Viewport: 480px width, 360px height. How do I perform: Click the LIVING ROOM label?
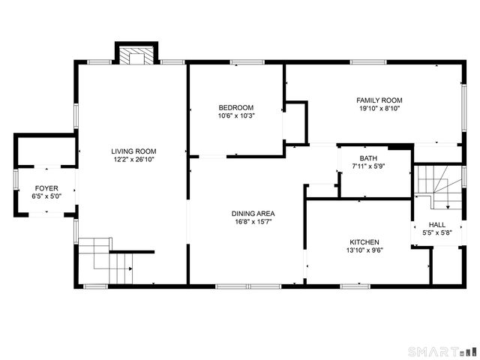[133, 151]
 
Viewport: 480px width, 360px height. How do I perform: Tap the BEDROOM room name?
[235, 107]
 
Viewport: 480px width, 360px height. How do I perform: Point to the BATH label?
[367, 158]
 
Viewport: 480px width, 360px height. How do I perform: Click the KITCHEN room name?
[364, 242]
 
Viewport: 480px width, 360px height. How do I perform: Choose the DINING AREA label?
[247, 213]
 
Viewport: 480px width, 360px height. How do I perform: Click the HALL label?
[436, 224]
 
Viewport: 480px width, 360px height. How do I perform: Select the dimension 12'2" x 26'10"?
[133, 160]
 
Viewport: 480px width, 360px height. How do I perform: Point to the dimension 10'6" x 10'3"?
[235, 115]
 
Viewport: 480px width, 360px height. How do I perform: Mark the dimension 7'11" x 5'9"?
[367, 166]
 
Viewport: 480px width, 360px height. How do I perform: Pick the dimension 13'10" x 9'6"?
[364, 251]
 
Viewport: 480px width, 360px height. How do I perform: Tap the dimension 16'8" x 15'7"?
[247, 222]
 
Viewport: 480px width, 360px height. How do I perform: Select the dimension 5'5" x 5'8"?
[436, 232]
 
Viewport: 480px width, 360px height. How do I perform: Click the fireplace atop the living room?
[136, 55]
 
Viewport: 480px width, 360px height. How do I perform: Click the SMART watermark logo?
[441, 351]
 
